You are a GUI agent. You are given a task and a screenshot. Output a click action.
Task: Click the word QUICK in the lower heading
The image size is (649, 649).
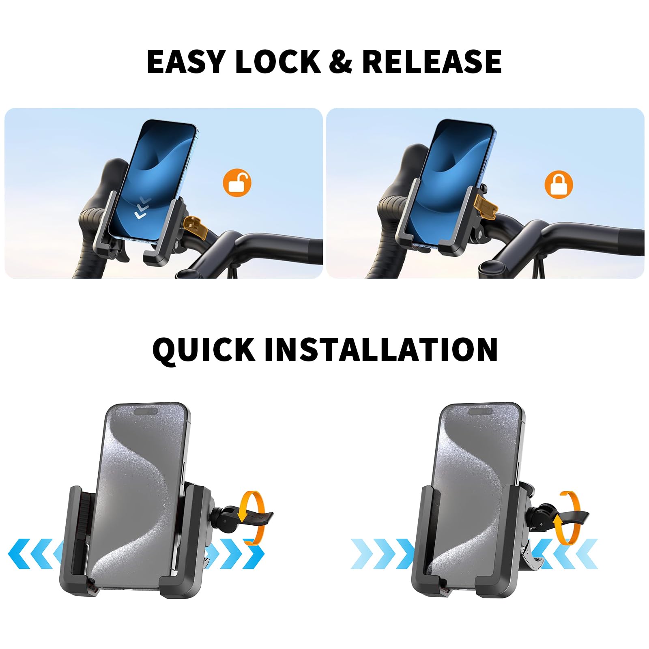(x=204, y=349)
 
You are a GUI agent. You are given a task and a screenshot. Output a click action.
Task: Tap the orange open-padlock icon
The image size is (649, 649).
(x=237, y=183)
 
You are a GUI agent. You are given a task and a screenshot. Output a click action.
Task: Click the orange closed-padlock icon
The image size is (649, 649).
(x=559, y=184)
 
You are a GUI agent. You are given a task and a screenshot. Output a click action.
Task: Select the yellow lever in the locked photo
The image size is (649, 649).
(x=487, y=204)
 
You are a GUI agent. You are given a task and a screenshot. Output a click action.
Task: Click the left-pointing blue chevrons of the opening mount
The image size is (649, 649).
(x=32, y=554)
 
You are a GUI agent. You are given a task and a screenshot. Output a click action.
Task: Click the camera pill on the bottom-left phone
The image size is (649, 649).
(x=146, y=412)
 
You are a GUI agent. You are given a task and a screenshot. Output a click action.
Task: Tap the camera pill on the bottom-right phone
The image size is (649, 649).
(x=480, y=412)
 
